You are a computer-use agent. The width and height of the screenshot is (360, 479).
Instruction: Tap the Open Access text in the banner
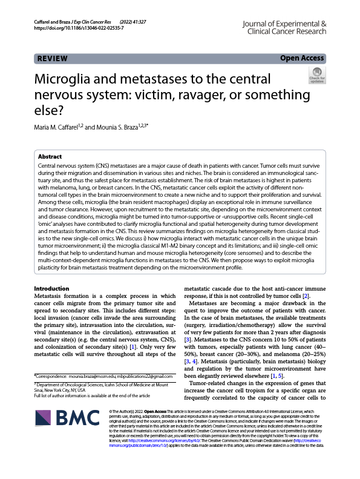click(302, 58)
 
